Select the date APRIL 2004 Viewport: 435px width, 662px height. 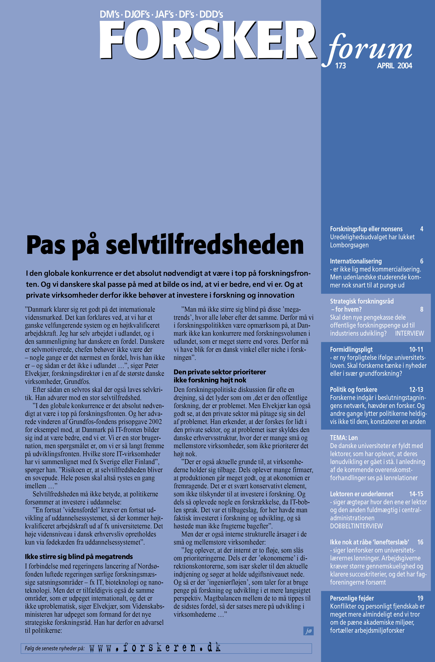click(x=394, y=66)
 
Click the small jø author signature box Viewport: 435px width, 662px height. click(x=309, y=631)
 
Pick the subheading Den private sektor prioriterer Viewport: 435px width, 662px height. click(x=220, y=372)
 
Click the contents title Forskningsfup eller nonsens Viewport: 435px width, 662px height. click(x=366, y=229)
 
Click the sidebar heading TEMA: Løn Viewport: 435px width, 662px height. click(x=344, y=438)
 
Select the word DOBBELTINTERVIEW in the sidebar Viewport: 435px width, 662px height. click(x=356, y=526)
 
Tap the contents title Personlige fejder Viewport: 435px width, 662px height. click(x=352, y=598)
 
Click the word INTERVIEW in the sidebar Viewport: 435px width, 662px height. click(x=409, y=333)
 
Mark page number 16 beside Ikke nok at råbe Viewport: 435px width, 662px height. click(x=420, y=542)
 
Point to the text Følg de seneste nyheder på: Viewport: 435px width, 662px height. click(x=55, y=648)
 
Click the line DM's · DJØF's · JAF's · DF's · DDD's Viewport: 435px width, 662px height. click(x=162, y=15)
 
